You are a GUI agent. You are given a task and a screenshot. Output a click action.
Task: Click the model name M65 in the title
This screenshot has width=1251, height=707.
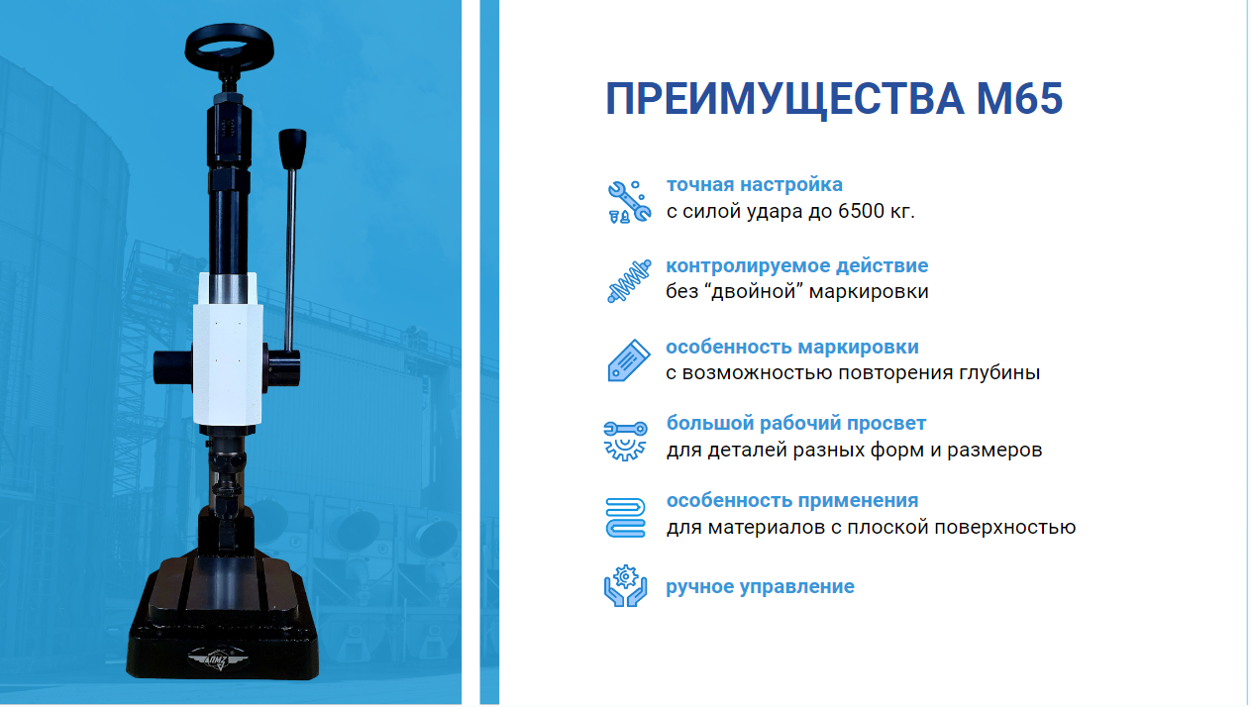1019,99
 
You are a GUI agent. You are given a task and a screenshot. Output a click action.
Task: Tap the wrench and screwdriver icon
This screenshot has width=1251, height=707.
629,202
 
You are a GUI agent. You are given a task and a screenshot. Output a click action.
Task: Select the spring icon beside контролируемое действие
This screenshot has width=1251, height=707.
629,281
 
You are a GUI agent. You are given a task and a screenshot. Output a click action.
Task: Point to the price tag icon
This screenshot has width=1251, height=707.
629,360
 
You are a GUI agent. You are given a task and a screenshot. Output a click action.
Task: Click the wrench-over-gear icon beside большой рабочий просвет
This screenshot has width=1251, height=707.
626,441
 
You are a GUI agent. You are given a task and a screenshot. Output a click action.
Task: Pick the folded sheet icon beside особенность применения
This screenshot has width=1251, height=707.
626,518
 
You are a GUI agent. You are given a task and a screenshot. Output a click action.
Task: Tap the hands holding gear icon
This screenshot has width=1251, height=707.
626,586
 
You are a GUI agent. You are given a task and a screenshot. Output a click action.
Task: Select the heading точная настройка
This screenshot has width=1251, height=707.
755,184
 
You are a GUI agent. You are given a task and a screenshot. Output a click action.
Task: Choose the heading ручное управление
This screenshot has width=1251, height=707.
760,587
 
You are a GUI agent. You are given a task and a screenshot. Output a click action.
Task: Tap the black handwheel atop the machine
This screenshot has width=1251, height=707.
230,46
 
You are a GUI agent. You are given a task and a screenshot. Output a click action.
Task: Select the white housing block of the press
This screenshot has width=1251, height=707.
228,350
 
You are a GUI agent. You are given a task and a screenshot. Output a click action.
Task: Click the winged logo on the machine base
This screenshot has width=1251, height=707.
217,658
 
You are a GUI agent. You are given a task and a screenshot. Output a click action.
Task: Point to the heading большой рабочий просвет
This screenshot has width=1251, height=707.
796,423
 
